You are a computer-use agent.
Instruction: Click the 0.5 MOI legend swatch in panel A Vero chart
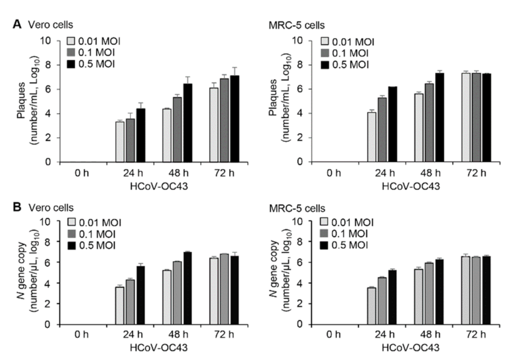(x=71, y=63)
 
